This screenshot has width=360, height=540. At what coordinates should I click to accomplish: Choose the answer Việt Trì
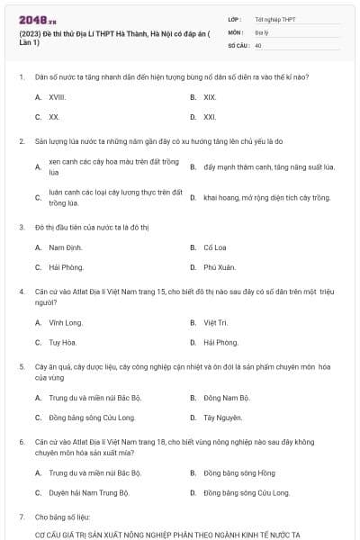pos(215,322)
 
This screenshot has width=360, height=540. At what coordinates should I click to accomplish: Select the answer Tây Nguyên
pos(222,418)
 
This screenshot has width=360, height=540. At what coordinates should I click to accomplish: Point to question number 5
pos(21,367)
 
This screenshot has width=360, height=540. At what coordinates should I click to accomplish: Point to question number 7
pos(21,517)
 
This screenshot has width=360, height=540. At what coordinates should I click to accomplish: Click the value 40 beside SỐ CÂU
pos(258,44)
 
